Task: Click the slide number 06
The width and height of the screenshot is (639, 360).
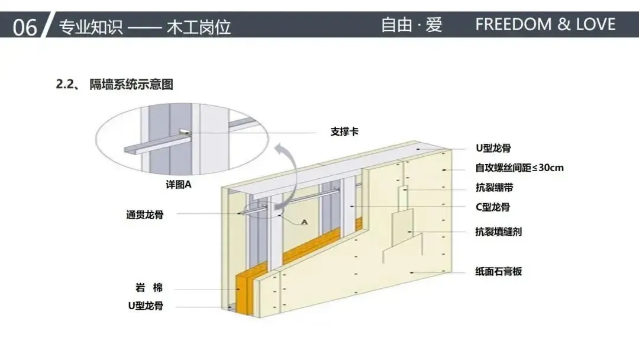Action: pos(24,26)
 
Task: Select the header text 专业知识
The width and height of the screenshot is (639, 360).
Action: pos(91,26)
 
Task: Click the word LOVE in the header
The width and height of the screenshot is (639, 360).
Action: pos(591,24)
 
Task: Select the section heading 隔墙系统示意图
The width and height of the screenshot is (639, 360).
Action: pos(131,85)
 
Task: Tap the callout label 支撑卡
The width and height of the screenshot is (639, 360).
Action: pos(344,131)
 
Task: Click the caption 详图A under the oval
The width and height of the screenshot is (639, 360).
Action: pos(179,184)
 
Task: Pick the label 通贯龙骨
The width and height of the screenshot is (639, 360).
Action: pos(144,215)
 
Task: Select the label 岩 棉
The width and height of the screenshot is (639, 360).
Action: pos(149,288)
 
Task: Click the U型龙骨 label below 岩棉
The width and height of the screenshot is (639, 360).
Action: pos(146,306)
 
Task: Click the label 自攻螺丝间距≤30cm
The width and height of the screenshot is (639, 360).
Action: pos(519,168)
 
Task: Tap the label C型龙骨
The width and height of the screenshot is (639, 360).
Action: pos(493,207)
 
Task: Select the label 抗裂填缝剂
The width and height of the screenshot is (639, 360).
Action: pos(498,232)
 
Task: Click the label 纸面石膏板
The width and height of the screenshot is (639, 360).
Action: pos(498,272)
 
